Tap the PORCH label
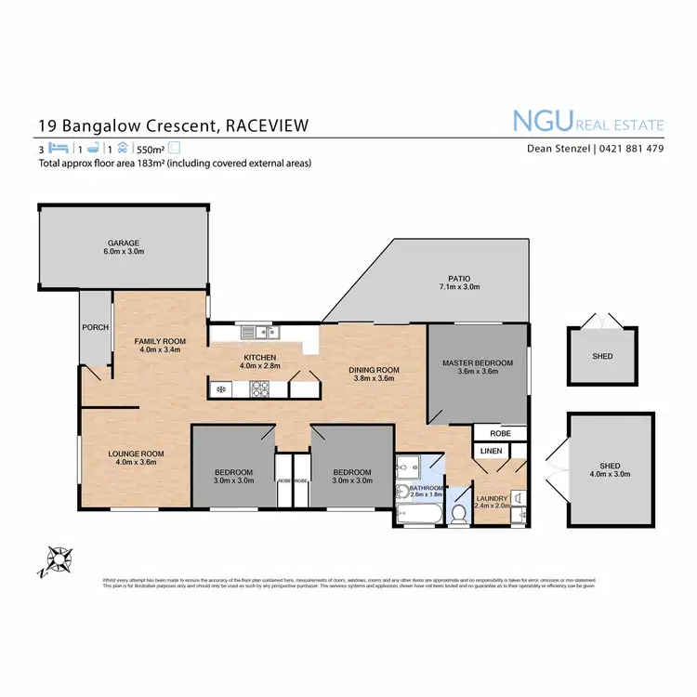tap(95, 327)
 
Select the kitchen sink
tap(254, 332)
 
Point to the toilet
tap(457, 512)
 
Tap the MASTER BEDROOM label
tap(478, 362)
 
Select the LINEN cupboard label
tap(491, 451)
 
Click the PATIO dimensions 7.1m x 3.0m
tap(457, 287)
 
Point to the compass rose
tap(59, 559)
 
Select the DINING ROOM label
tap(374, 370)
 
